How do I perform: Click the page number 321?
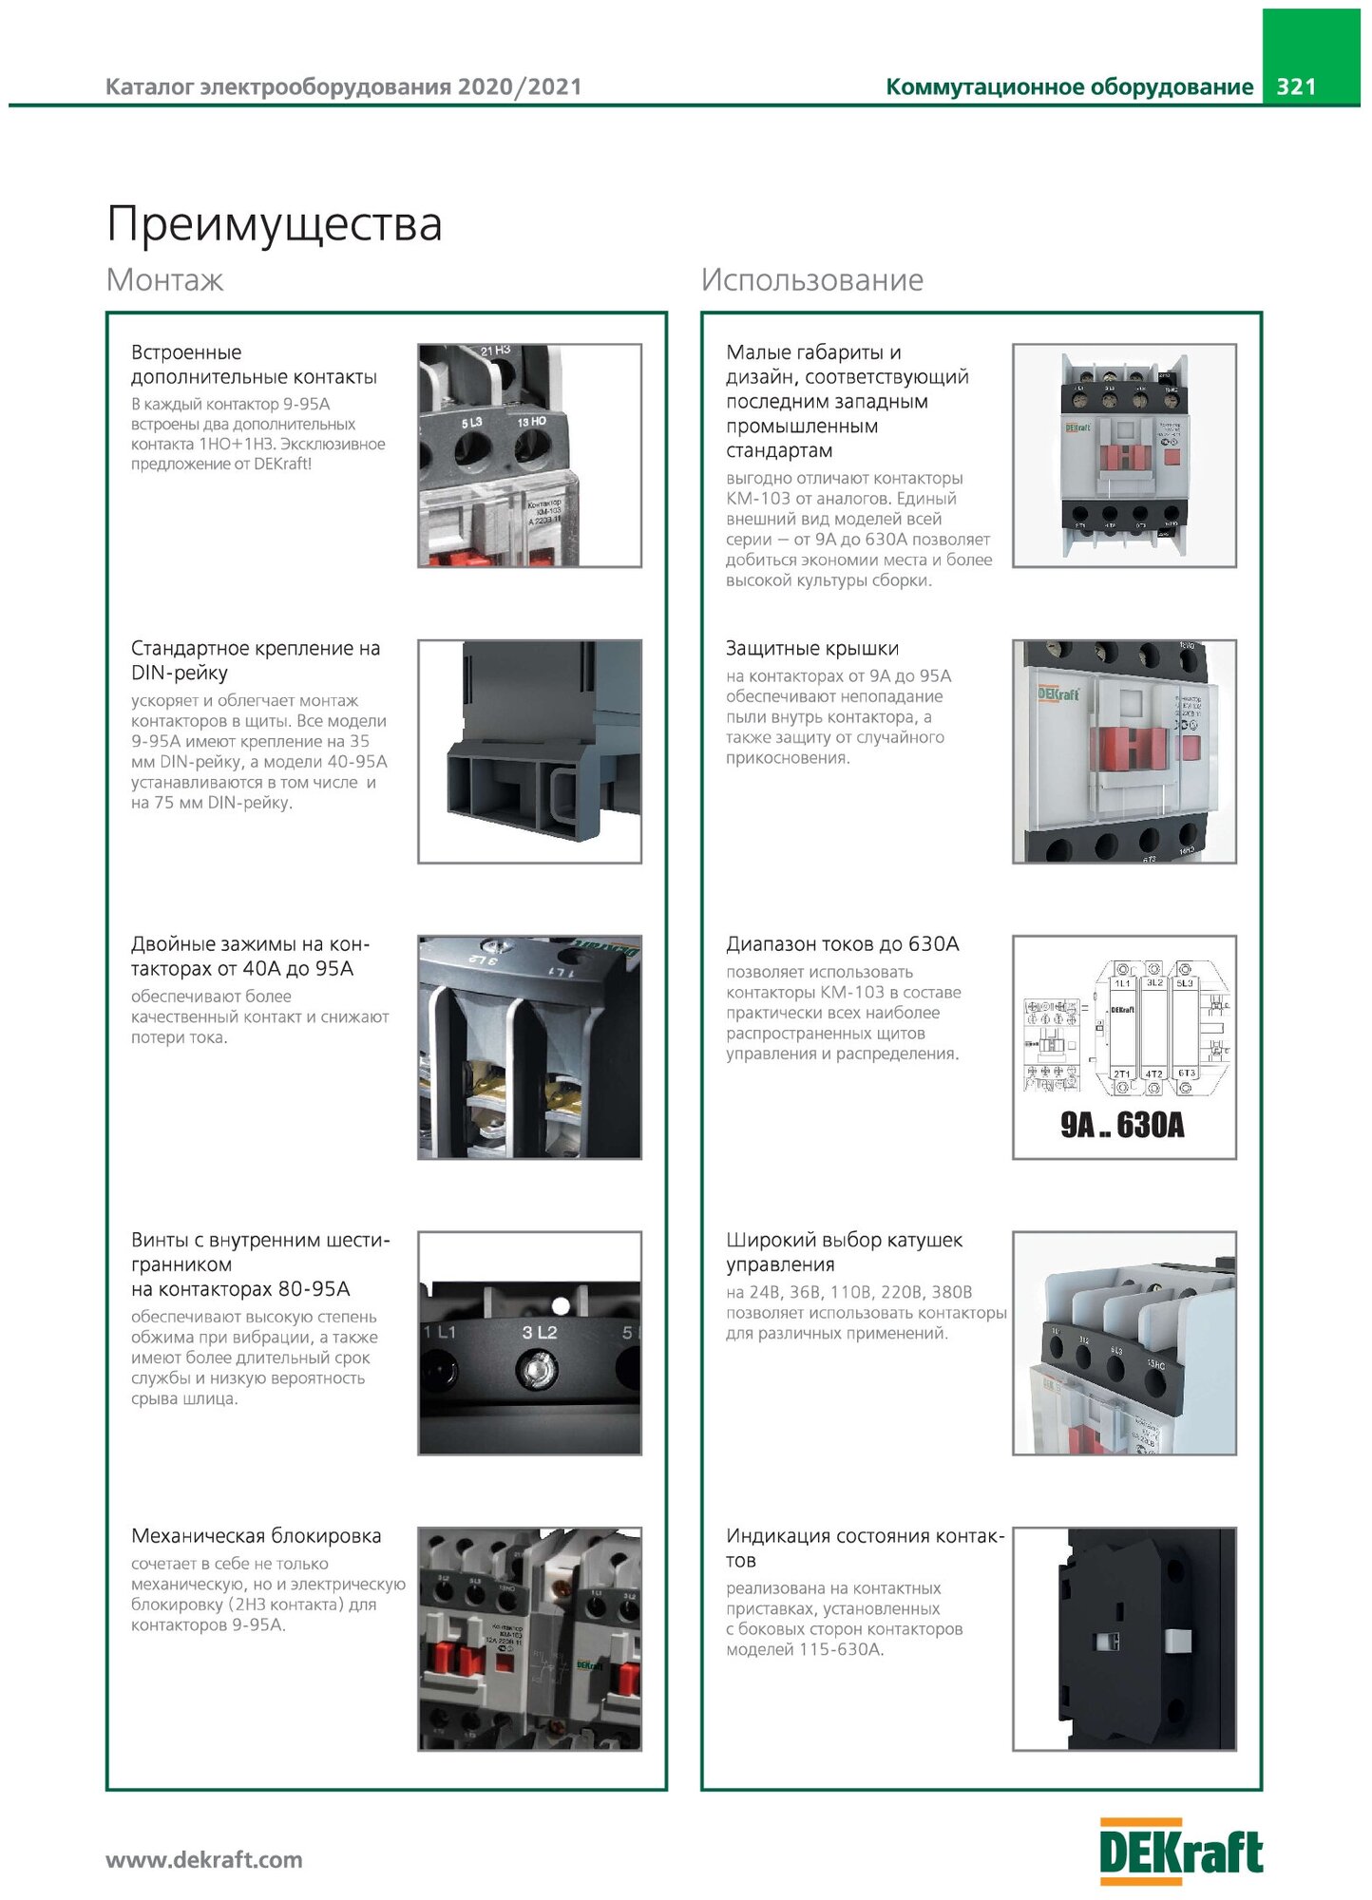1296,86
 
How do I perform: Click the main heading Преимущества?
275,225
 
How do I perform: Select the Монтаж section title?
164,280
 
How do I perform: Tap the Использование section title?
811,280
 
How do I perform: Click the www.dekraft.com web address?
204,1859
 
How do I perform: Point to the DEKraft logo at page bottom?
1181,1852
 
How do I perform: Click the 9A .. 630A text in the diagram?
1122,1126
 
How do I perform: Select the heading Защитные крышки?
811,649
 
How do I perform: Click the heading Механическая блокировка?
256,1536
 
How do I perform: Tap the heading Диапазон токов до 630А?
842,944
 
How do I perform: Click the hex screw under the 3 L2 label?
536,1369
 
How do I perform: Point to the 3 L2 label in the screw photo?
539,1333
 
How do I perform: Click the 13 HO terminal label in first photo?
531,421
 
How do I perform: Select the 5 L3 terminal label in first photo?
471,422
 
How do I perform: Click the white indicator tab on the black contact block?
1176,1641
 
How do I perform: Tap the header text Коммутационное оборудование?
1069,87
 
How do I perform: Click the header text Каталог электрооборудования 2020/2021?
343,87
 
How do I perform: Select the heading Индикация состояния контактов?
864,1548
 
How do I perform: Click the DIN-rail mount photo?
529,751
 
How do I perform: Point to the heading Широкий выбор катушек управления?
844,1252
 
